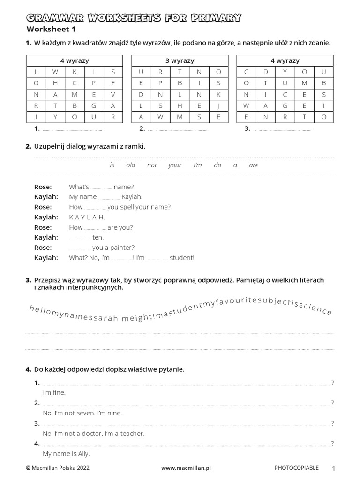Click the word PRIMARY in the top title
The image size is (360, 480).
(214, 18)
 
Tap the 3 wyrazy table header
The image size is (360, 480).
(180, 61)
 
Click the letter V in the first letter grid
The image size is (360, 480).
(113, 94)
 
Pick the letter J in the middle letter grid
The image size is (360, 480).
(218, 105)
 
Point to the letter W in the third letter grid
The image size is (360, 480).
(246, 105)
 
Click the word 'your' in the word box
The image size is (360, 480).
(175, 165)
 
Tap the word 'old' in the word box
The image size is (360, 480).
(131, 165)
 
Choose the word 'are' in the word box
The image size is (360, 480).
(254, 165)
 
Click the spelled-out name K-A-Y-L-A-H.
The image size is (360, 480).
(87, 217)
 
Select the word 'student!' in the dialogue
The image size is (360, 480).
(182, 258)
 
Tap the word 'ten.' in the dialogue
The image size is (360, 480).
(98, 237)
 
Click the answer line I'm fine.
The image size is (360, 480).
(54, 392)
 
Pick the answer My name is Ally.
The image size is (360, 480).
(66, 454)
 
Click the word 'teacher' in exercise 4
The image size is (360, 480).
(133, 434)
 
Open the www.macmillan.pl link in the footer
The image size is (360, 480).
(187, 468)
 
